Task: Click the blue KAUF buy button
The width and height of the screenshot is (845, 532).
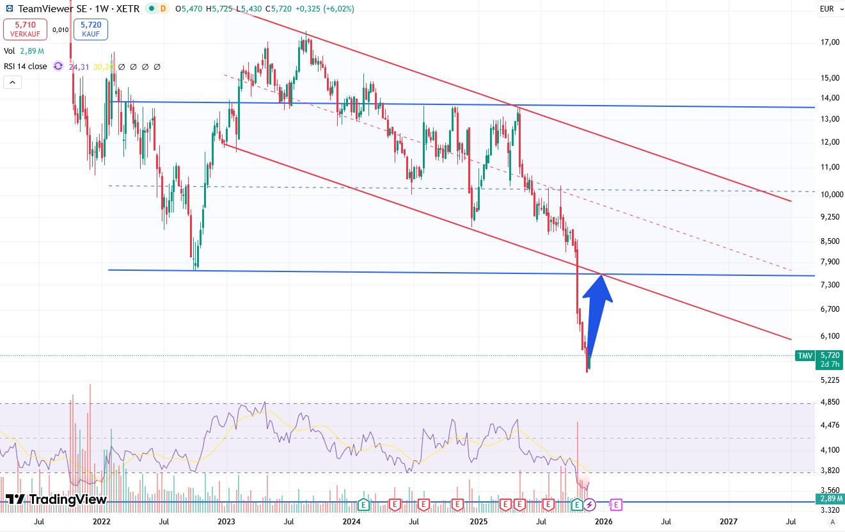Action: (x=91, y=29)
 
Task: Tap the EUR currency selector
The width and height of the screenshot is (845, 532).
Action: (x=826, y=9)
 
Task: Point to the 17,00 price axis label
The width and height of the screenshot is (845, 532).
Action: (x=830, y=42)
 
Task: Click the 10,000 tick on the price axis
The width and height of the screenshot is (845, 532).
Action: (x=829, y=195)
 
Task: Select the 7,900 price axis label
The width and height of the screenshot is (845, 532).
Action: (x=829, y=262)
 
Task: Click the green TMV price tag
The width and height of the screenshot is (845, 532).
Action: (x=804, y=355)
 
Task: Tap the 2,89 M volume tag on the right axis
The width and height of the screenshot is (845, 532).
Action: (x=830, y=499)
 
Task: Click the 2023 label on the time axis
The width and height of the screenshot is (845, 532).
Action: (x=227, y=522)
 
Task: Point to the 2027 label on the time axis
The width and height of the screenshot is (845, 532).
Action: (x=729, y=522)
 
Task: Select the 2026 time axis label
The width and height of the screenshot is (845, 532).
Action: (x=603, y=522)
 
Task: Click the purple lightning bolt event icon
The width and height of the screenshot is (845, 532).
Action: (x=590, y=505)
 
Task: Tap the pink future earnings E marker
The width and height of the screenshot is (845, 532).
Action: (x=616, y=505)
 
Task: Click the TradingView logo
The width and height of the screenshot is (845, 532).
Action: (x=56, y=499)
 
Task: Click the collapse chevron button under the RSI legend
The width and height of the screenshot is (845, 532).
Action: (x=12, y=82)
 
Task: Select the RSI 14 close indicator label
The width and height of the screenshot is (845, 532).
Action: (x=26, y=67)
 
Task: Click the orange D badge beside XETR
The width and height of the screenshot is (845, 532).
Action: (x=162, y=9)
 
